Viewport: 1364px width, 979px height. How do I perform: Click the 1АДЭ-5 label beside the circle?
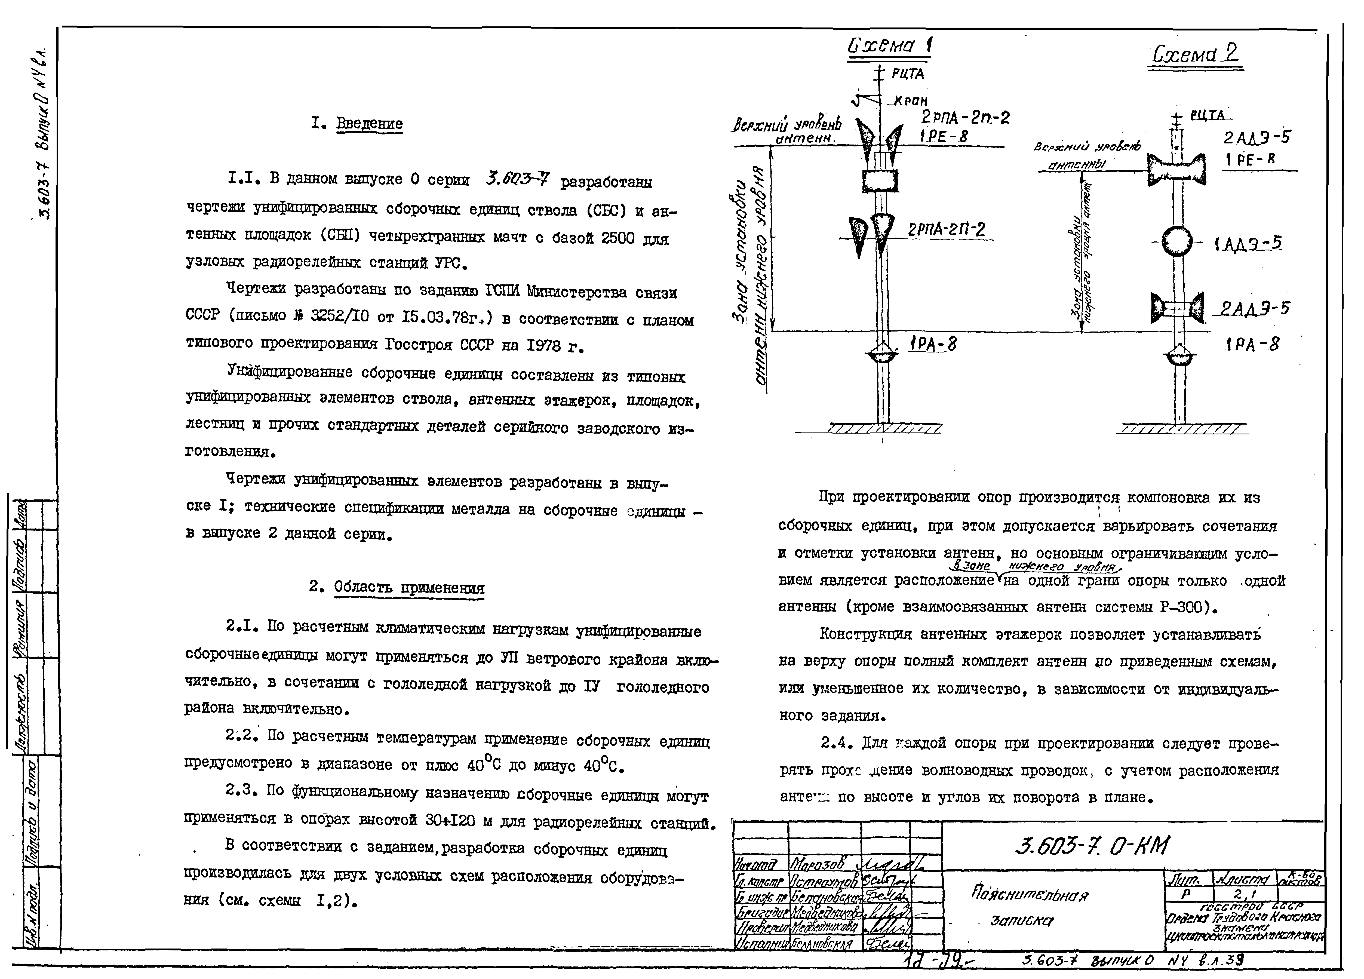coord(1248,244)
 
